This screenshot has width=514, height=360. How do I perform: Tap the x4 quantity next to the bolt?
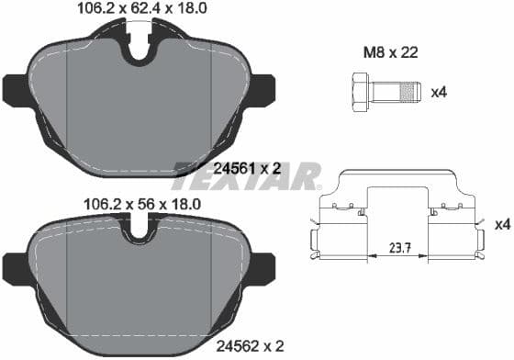pos(438,92)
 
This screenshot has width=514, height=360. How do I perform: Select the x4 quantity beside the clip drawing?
pos(501,224)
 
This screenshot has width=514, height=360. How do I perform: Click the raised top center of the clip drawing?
pos(397,176)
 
